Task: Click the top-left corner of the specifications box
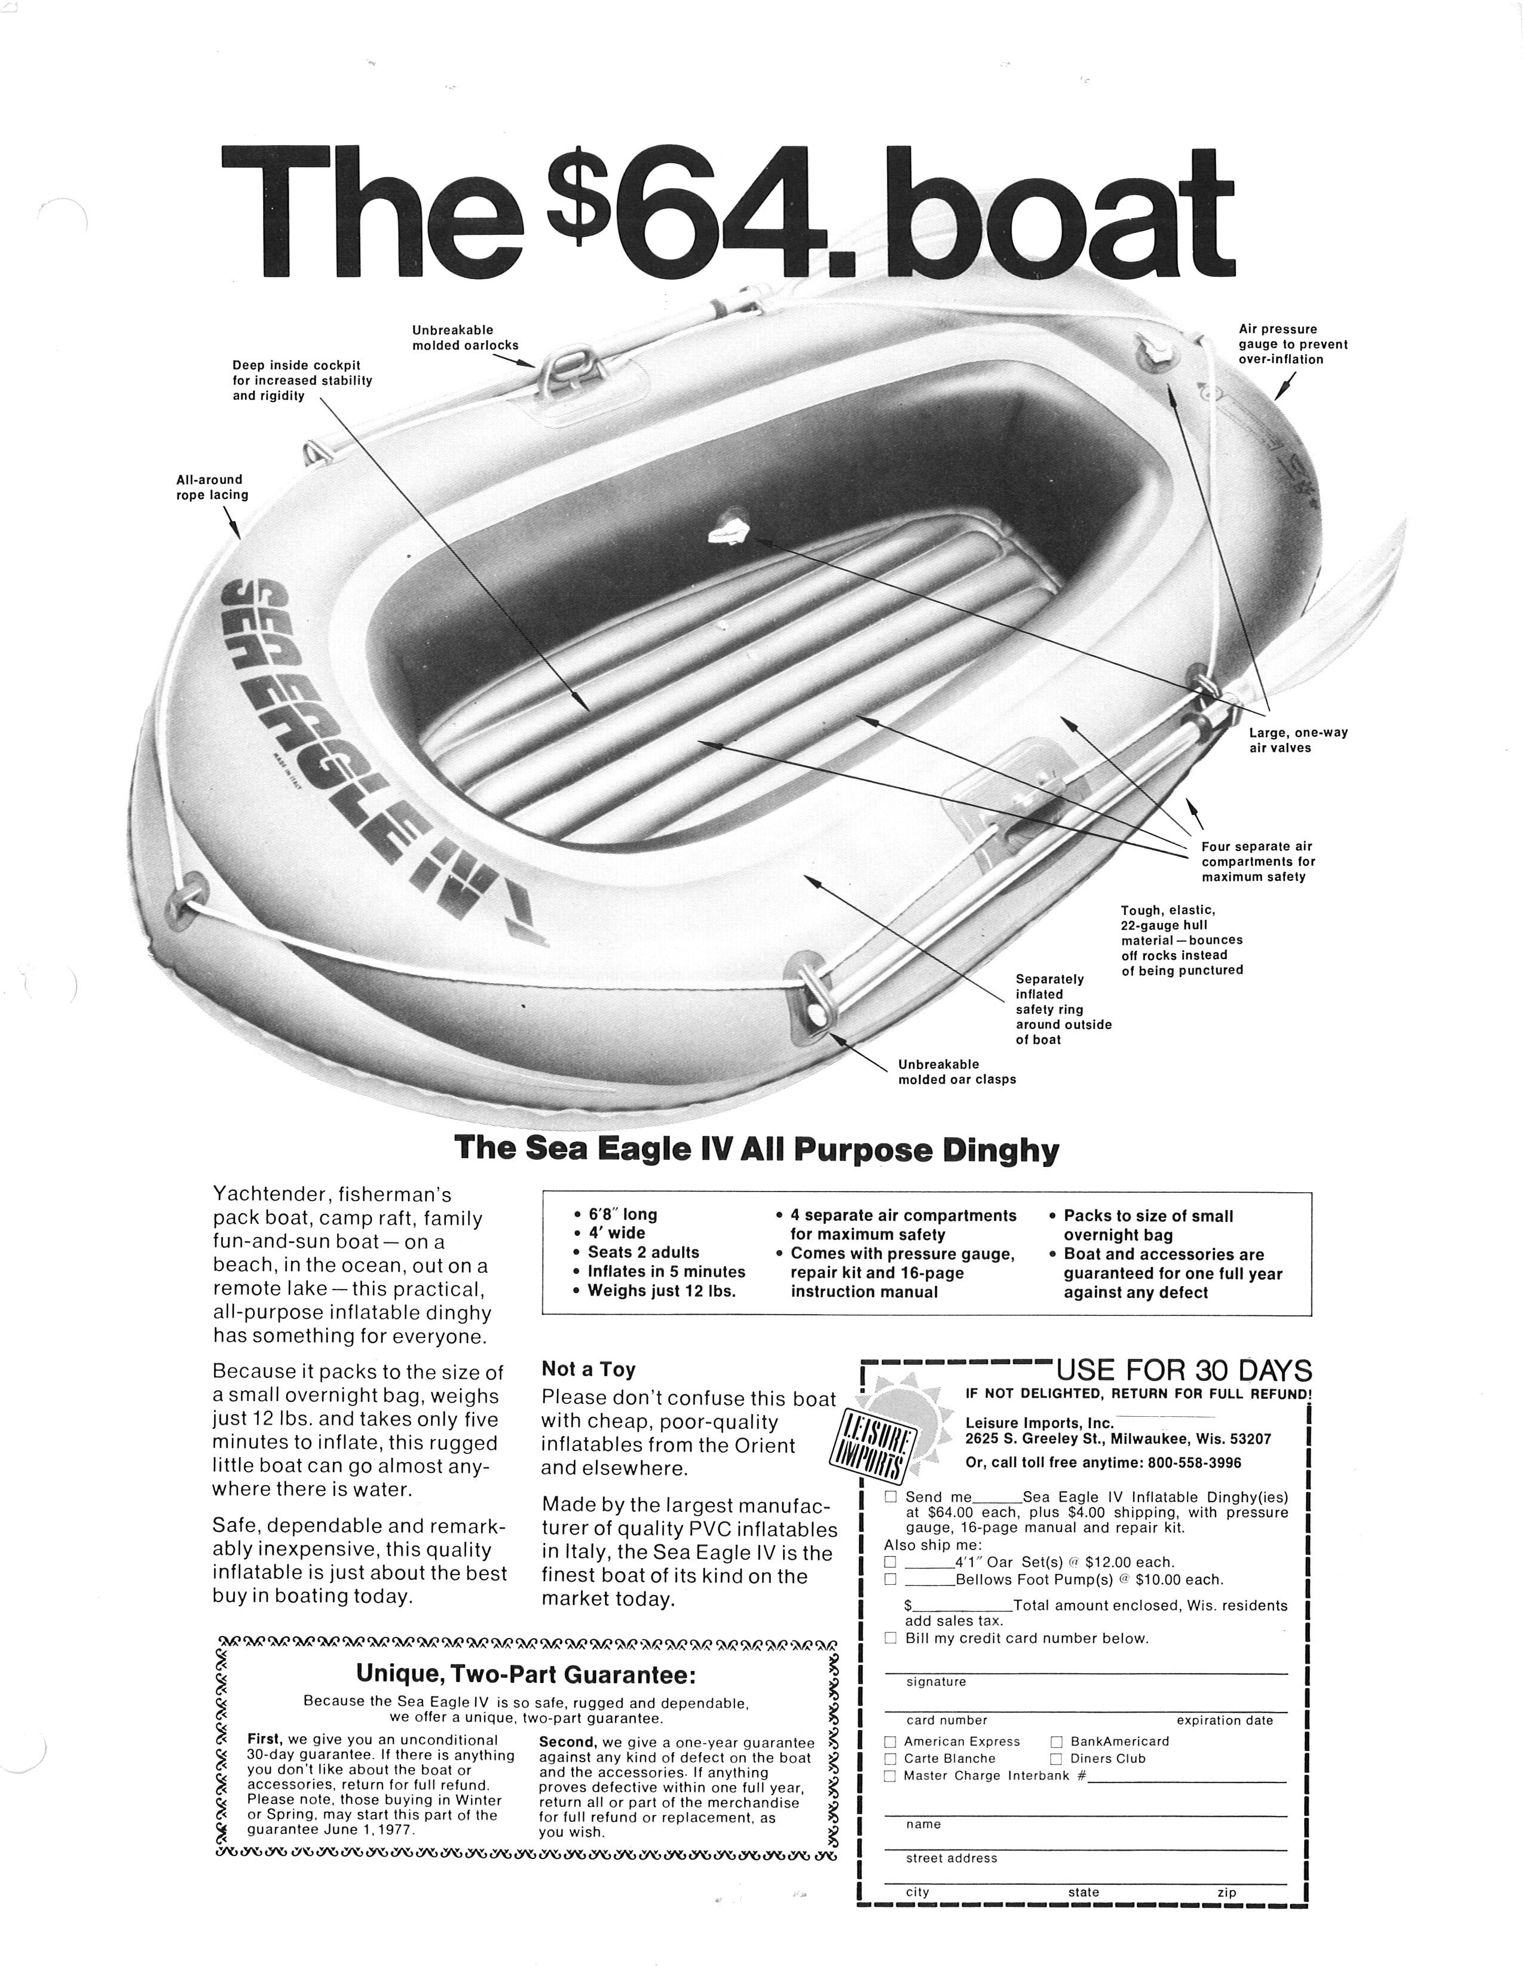[x=543, y=1193]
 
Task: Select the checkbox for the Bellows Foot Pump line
[x=890, y=1579]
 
